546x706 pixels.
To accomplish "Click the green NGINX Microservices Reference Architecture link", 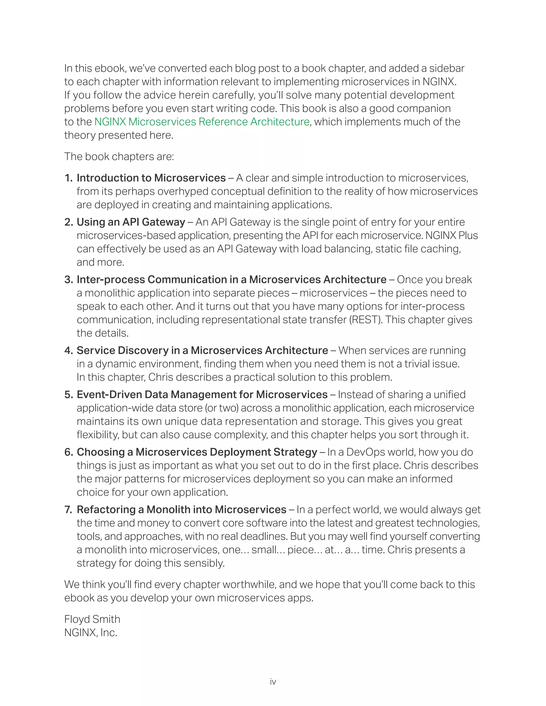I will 202,122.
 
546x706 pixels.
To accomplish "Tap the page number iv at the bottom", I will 273,681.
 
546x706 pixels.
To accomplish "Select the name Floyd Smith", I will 92,619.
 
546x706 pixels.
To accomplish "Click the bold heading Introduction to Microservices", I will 151,178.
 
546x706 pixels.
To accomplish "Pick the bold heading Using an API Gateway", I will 131,222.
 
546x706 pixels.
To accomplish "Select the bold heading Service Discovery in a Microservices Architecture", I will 202,350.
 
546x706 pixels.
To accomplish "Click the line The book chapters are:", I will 119,156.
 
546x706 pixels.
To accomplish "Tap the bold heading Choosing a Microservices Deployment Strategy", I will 197,452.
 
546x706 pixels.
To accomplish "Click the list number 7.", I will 68,510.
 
